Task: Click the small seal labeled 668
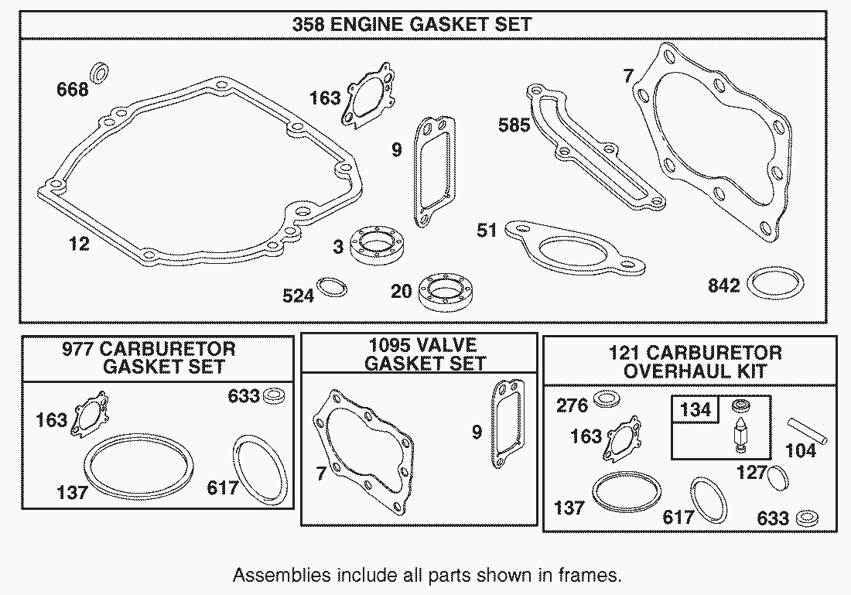pyautogui.click(x=99, y=73)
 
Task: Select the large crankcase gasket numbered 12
pyautogui.click(x=60, y=185)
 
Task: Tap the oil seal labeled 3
pyautogui.click(x=376, y=244)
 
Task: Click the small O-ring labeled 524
pyautogui.click(x=332, y=287)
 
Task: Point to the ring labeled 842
pyautogui.click(x=775, y=283)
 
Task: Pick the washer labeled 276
pyautogui.click(x=607, y=399)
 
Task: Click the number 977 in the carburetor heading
pyautogui.click(x=78, y=348)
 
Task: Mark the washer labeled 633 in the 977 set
pyautogui.click(x=274, y=395)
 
